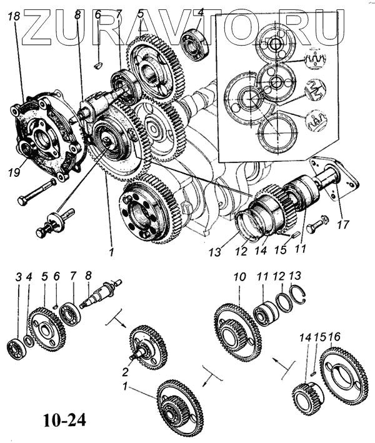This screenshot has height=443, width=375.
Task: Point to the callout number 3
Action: (x=19, y=276)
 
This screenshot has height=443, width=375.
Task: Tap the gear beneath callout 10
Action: (x=237, y=331)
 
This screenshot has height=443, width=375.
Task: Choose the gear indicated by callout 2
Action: (x=148, y=347)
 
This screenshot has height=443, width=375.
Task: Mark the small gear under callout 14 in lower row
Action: (x=306, y=397)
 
